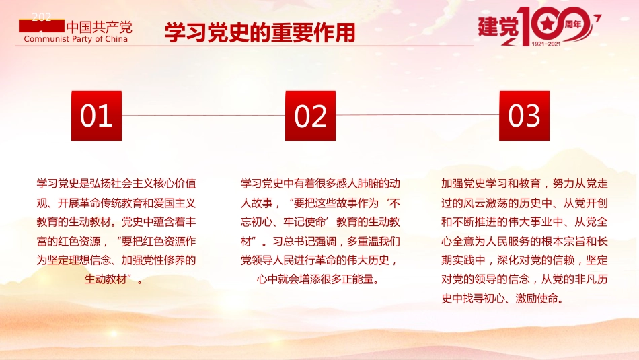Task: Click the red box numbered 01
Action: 96,116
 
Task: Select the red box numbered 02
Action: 310,116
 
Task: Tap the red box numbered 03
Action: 524,116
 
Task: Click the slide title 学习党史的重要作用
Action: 260,32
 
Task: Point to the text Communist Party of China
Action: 75,39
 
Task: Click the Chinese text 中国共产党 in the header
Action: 100,27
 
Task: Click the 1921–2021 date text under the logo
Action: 546,44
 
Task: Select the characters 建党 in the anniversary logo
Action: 498,27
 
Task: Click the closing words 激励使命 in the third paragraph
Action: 546,297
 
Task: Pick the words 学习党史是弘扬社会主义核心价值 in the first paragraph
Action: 116,184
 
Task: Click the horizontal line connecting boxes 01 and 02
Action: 203,115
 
